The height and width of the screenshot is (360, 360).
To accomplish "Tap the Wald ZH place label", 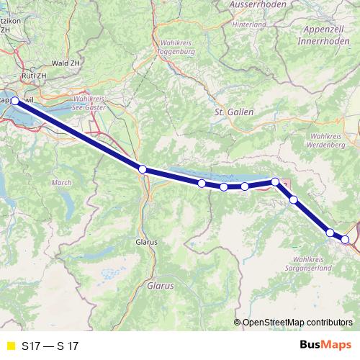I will [65, 63].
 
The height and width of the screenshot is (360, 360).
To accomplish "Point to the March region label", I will [62, 183].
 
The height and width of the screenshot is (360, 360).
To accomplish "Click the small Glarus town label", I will [147, 243].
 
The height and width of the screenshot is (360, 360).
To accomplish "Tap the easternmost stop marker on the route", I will [346, 239].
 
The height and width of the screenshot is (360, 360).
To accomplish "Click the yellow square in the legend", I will [9, 346].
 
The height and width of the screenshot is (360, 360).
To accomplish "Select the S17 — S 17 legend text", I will [50, 346].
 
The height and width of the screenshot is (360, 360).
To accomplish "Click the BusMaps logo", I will [321, 346].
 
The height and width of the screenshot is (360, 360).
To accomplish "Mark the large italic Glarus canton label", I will [160, 286].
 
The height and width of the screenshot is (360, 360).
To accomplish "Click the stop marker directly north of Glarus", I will [143, 169].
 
